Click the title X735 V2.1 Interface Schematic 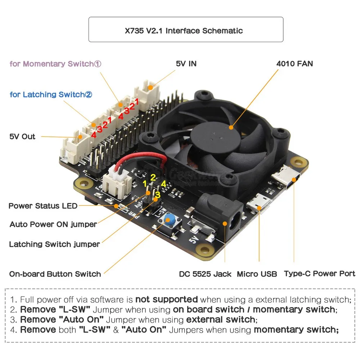tap(186, 31)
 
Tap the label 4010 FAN tap(294, 64)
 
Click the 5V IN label tap(186, 64)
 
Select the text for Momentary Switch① tap(55, 64)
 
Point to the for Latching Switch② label tap(51, 95)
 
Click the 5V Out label tap(22, 136)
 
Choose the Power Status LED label tap(43, 206)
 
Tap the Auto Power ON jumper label tap(53, 224)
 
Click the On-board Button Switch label tap(55, 274)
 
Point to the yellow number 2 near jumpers tap(153, 177)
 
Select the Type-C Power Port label tap(319, 274)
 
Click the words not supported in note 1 tap(167, 299)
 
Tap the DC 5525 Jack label tap(205, 274)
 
